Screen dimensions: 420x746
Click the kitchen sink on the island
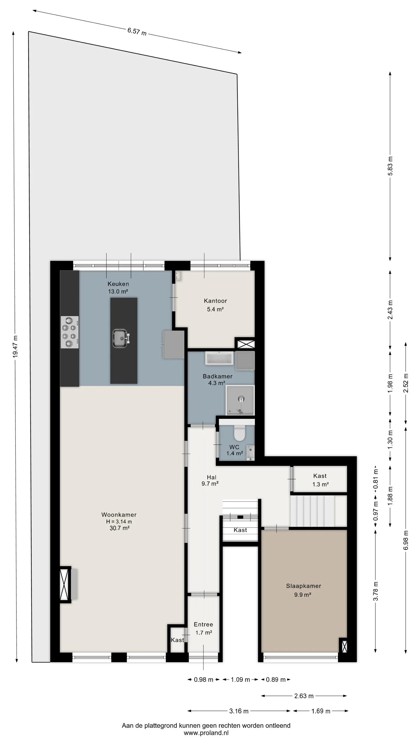tap(120, 339)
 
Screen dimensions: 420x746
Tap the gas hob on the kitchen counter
tap(69, 332)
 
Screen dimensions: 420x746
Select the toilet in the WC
tap(240, 433)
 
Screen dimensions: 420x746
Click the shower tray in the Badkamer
tap(240, 400)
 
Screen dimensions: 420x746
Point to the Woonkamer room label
tap(119, 515)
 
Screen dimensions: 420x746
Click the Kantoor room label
tap(215, 301)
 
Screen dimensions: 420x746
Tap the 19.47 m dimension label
tap(15, 346)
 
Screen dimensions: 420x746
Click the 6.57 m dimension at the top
tap(137, 31)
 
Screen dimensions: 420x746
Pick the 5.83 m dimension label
tap(390, 166)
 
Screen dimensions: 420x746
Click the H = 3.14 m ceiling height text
tap(119, 522)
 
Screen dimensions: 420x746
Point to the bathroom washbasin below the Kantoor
tap(219, 358)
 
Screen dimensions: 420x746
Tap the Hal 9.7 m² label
tap(210, 481)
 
